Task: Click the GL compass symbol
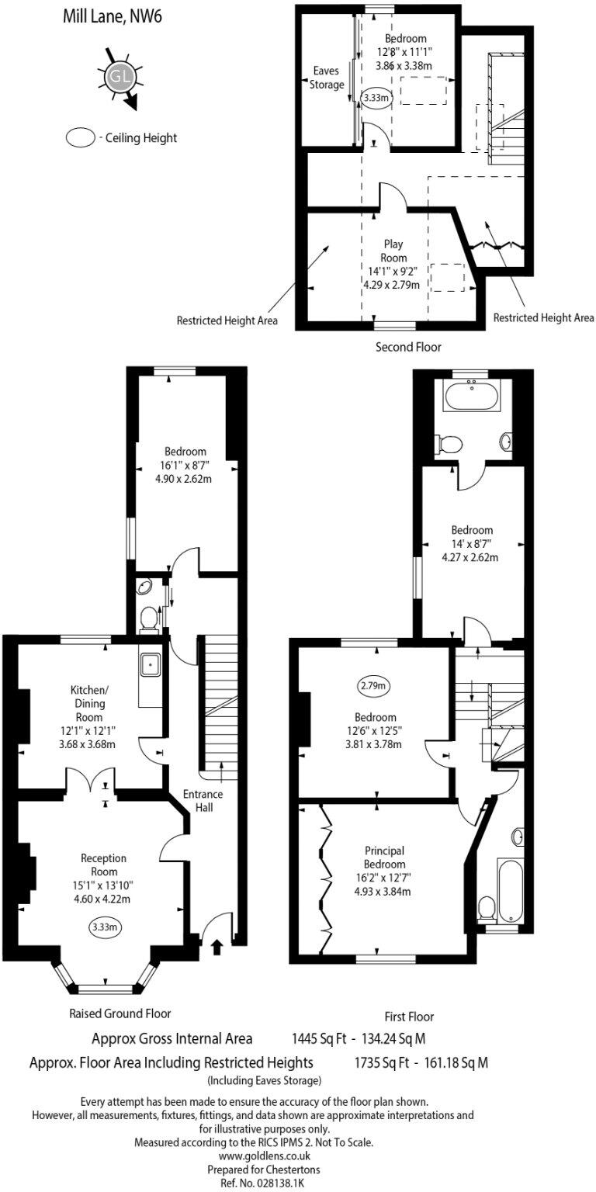[x=117, y=77]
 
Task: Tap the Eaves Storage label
[x=326, y=78]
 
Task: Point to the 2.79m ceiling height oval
[x=375, y=686]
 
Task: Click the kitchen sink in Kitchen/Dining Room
[x=150, y=664]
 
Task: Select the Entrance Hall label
[x=203, y=801]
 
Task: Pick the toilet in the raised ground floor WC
[x=148, y=618]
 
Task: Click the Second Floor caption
[x=408, y=347]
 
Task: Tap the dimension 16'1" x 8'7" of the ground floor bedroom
[x=185, y=465]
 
